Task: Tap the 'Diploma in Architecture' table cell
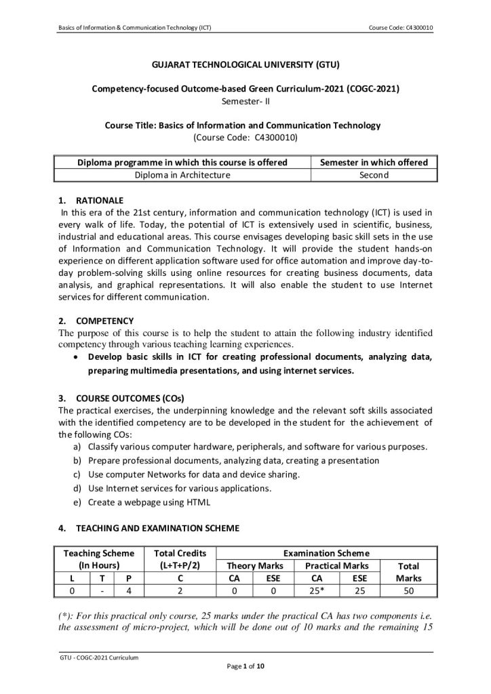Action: click(180, 175)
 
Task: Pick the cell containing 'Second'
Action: click(374, 175)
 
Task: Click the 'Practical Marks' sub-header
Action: click(336, 566)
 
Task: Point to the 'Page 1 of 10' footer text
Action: click(245, 667)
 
